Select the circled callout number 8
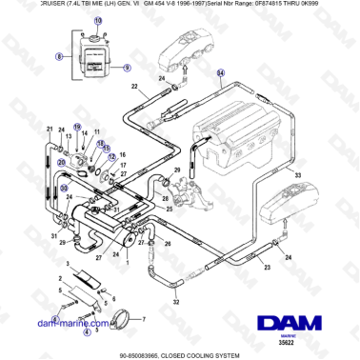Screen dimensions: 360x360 59,57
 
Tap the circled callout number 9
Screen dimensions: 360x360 128,68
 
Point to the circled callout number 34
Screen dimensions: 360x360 222,73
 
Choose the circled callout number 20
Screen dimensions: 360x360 64,189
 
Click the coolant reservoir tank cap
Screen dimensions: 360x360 94,39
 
